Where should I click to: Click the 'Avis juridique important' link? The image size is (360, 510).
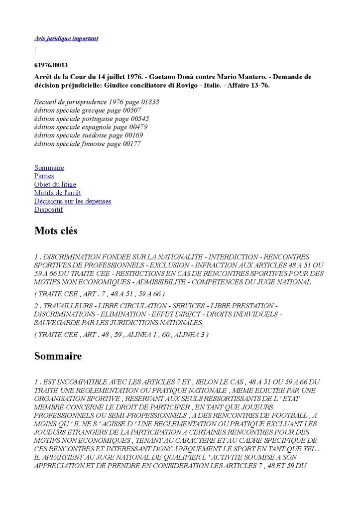(66, 38)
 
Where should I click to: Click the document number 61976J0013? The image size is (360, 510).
(51, 65)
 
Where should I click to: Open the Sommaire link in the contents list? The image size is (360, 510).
(49, 168)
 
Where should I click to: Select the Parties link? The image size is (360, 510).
(44, 176)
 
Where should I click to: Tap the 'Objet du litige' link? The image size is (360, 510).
(55, 185)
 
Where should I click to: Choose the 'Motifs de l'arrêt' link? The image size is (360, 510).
(57, 193)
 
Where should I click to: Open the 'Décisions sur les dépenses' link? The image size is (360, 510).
(73, 201)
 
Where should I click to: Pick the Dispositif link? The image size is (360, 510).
(48, 210)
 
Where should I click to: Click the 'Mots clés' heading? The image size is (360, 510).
(56, 231)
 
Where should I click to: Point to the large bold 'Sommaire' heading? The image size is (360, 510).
(58, 356)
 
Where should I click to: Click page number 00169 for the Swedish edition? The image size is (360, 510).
(131, 135)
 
